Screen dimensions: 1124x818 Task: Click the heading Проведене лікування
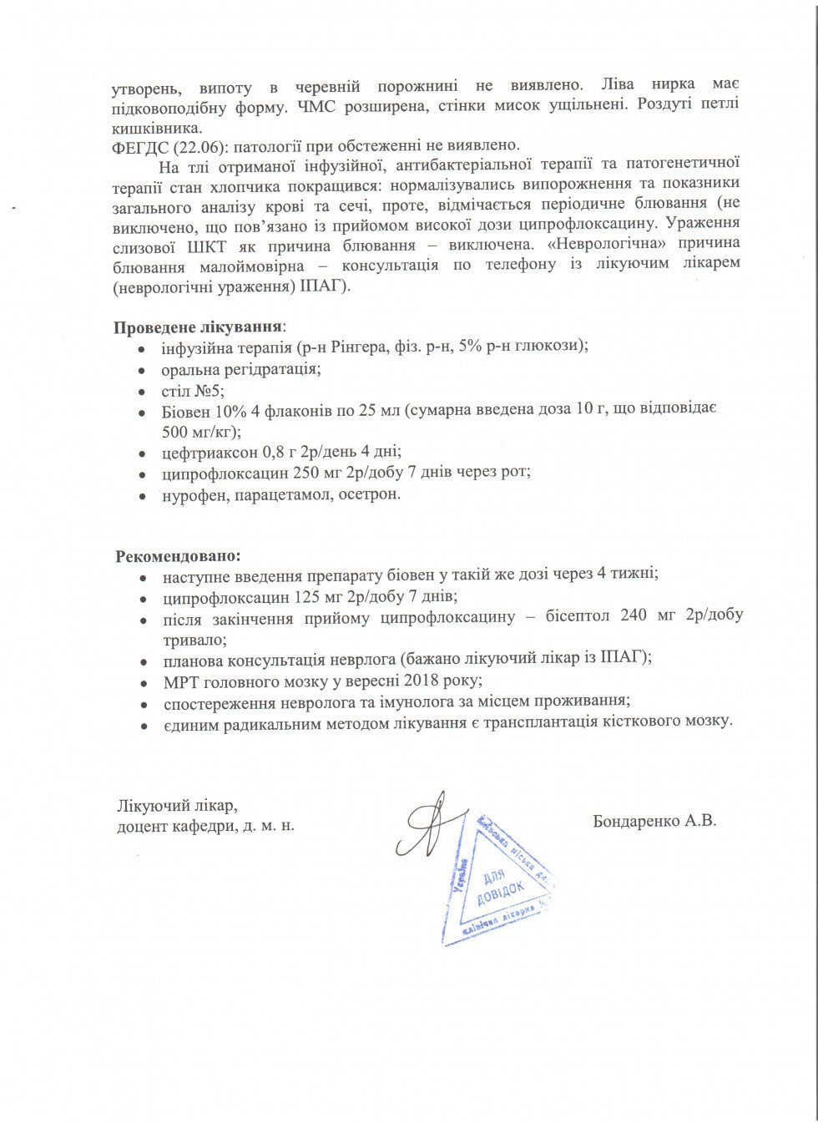point(198,327)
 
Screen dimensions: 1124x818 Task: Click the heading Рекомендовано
point(178,555)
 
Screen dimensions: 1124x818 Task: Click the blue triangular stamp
point(497,885)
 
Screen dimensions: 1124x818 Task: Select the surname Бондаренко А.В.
point(654,820)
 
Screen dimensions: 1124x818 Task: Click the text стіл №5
point(192,390)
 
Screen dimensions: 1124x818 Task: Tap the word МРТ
point(180,681)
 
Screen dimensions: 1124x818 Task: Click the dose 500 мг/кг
point(199,431)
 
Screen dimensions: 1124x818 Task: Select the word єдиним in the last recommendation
point(191,721)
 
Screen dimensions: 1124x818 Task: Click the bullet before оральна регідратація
point(144,369)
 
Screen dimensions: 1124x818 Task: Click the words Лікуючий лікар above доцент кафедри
point(177,806)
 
